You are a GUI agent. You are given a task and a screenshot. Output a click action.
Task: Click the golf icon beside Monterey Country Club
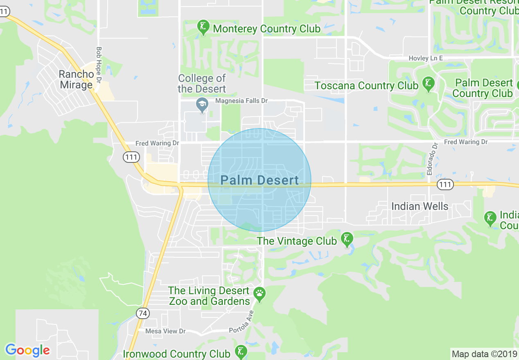click(203, 27)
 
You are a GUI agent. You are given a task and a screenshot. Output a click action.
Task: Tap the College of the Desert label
click(202, 83)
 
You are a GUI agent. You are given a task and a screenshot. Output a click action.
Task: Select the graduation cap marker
click(201, 105)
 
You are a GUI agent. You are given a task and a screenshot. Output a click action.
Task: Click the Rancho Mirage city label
click(76, 80)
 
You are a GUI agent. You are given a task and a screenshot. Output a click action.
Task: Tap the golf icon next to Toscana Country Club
click(429, 84)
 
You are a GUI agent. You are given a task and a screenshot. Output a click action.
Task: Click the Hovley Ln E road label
click(426, 59)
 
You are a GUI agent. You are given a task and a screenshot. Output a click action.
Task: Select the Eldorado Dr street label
click(430, 159)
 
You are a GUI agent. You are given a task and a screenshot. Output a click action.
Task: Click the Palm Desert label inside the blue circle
click(259, 180)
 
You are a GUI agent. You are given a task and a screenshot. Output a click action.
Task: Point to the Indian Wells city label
click(420, 206)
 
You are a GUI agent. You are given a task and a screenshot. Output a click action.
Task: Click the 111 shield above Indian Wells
click(445, 184)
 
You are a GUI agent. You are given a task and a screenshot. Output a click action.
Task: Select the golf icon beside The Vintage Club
click(347, 239)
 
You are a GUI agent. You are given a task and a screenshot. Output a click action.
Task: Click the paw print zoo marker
click(259, 293)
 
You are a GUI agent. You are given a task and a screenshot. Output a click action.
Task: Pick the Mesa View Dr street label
click(165, 331)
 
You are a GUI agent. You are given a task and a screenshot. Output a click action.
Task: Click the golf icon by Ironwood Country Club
click(241, 352)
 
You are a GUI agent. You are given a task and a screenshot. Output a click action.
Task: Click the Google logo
click(28, 350)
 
